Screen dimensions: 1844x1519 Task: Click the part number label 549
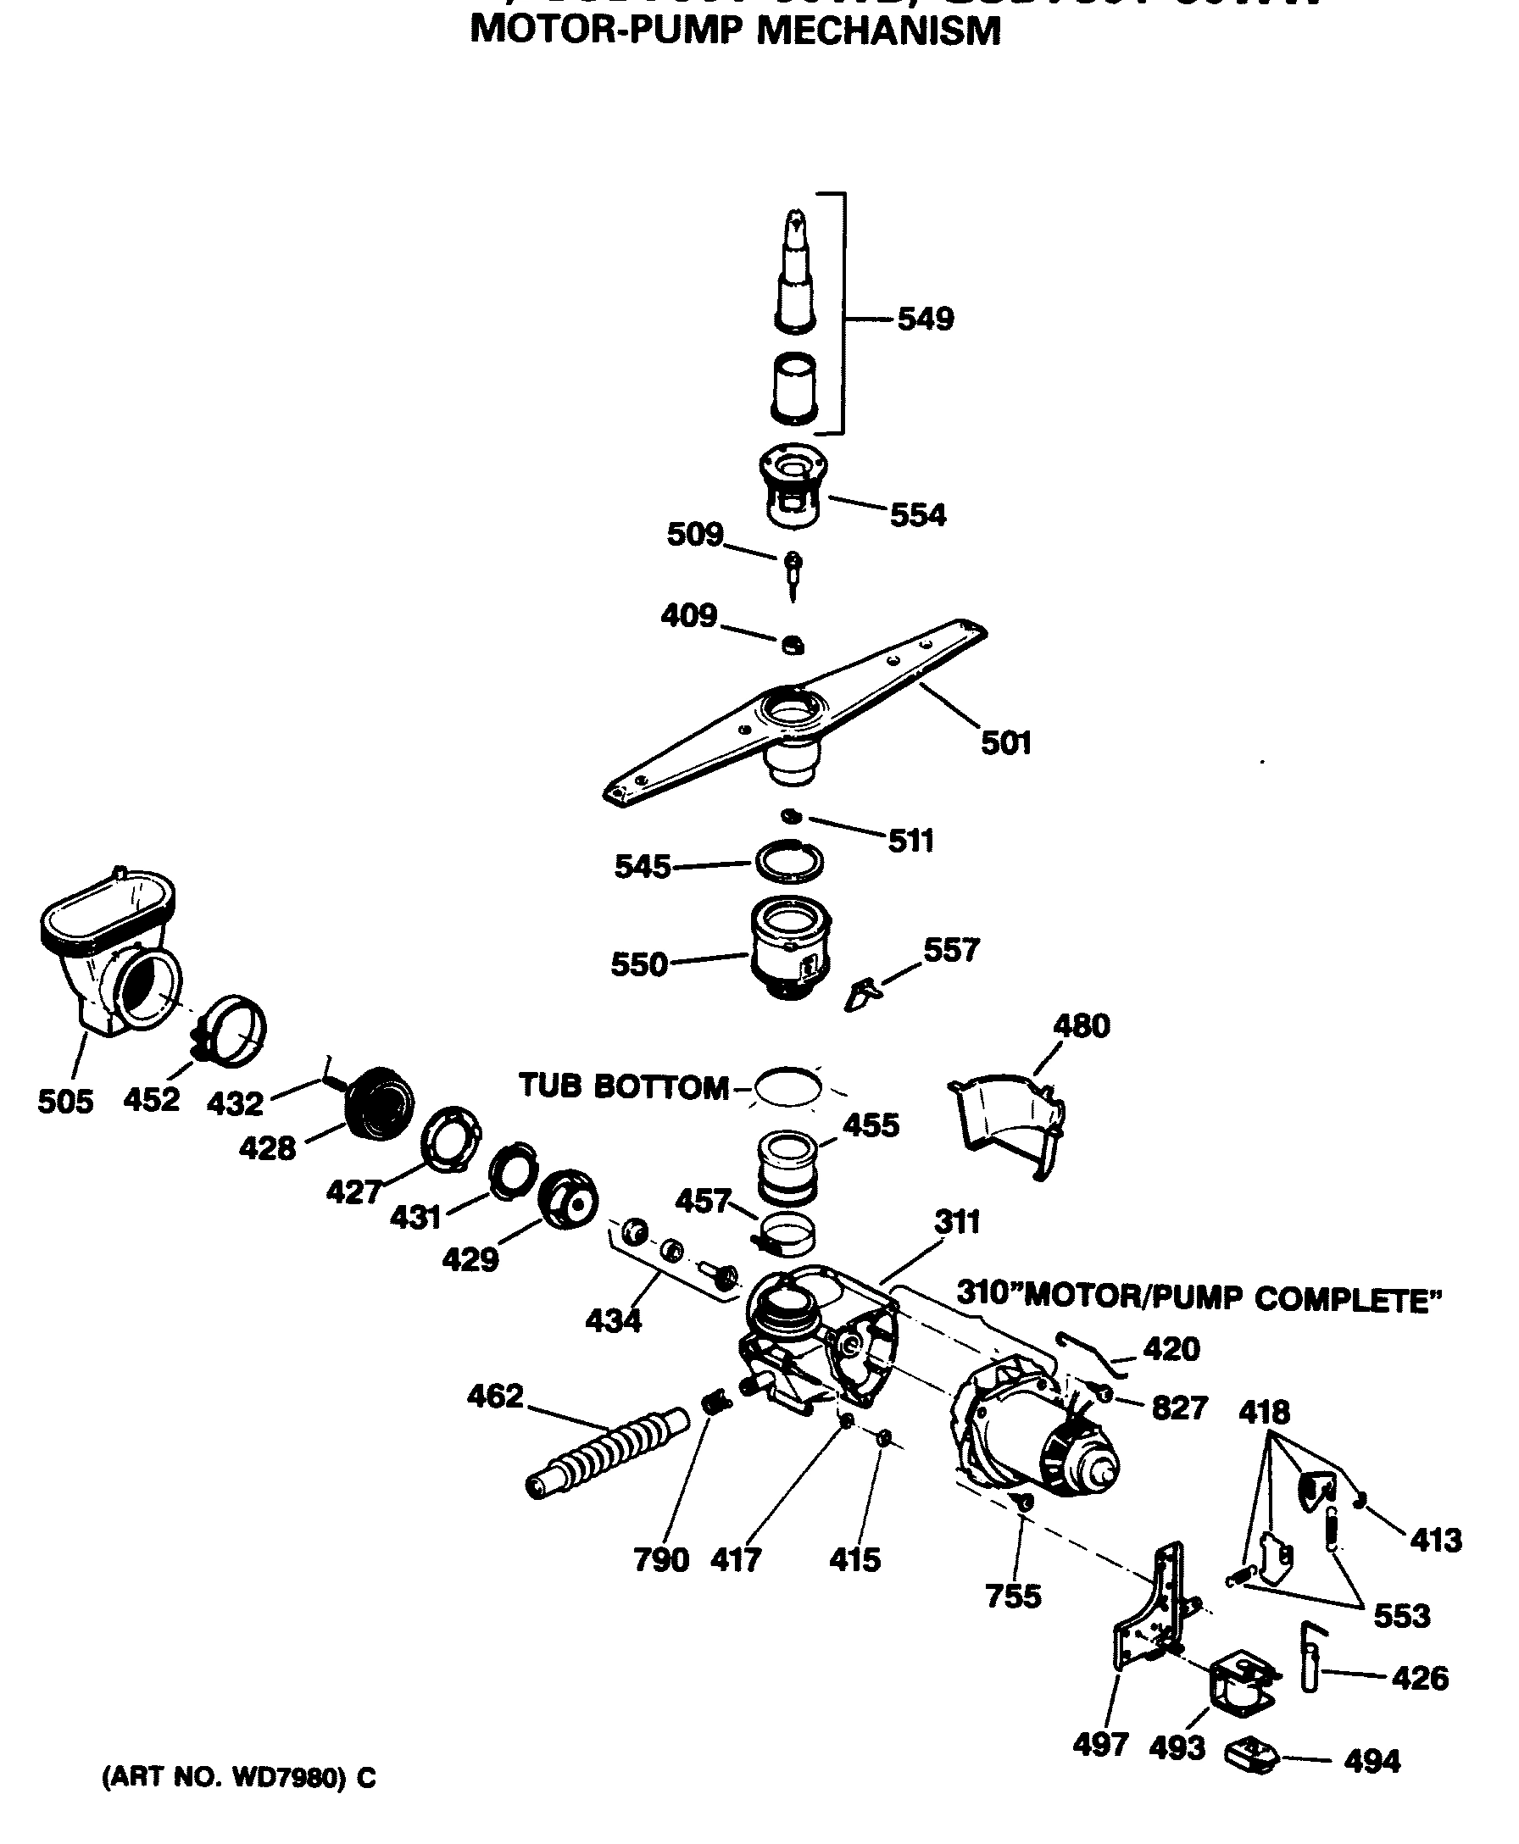point(925,319)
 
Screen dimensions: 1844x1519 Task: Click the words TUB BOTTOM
point(623,1086)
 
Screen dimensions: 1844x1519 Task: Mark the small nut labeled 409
point(793,646)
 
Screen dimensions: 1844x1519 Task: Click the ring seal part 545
point(790,861)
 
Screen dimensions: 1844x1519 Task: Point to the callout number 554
point(918,515)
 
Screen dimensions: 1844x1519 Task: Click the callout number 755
point(1013,1597)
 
